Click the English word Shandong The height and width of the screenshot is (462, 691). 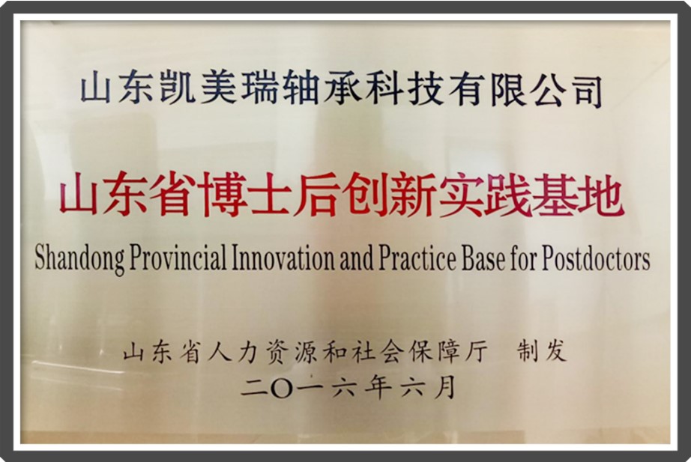80,258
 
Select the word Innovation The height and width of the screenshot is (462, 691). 284,258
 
